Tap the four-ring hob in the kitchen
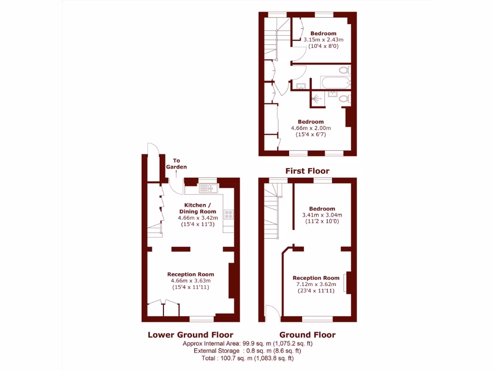[x=228, y=214]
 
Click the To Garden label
[x=176, y=164]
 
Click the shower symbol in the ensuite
[x=316, y=98]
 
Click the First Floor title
[x=307, y=171]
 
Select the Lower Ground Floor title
[x=190, y=335]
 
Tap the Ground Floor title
[x=307, y=335]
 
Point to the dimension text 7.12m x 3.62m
[x=316, y=285]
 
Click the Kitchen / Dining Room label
[x=198, y=208]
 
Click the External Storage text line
[x=247, y=351]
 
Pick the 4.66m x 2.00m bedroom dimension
[x=310, y=128]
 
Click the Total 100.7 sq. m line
[x=247, y=358]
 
